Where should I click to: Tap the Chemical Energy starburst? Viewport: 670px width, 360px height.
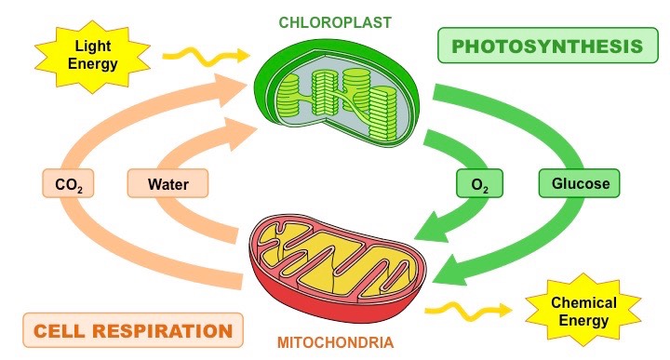pyautogui.click(x=583, y=312)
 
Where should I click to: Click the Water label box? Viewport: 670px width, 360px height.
pyautogui.click(x=169, y=183)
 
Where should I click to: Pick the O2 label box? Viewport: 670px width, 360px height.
pyautogui.click(x=480, y=183)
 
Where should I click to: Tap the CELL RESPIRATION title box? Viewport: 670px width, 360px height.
pyautogui.click(x=131, y=329)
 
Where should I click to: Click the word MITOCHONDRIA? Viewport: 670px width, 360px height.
pyautogui.click(x=334, y=342)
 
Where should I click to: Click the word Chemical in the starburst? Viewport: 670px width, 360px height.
pyautogui.click(x=583, y=302)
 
